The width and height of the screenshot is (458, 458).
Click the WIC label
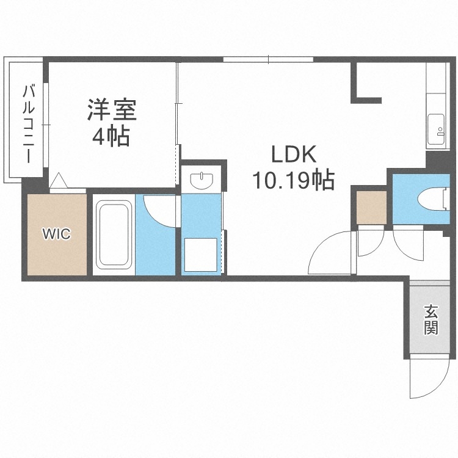(56, 233)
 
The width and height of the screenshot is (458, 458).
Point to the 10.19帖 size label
(292, 180)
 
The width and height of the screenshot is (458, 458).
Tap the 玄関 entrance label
(431, 320)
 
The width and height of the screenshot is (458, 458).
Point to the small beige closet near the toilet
(371, 207)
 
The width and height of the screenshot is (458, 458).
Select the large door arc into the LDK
(330, 253)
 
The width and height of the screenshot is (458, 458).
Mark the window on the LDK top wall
(268, 59)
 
